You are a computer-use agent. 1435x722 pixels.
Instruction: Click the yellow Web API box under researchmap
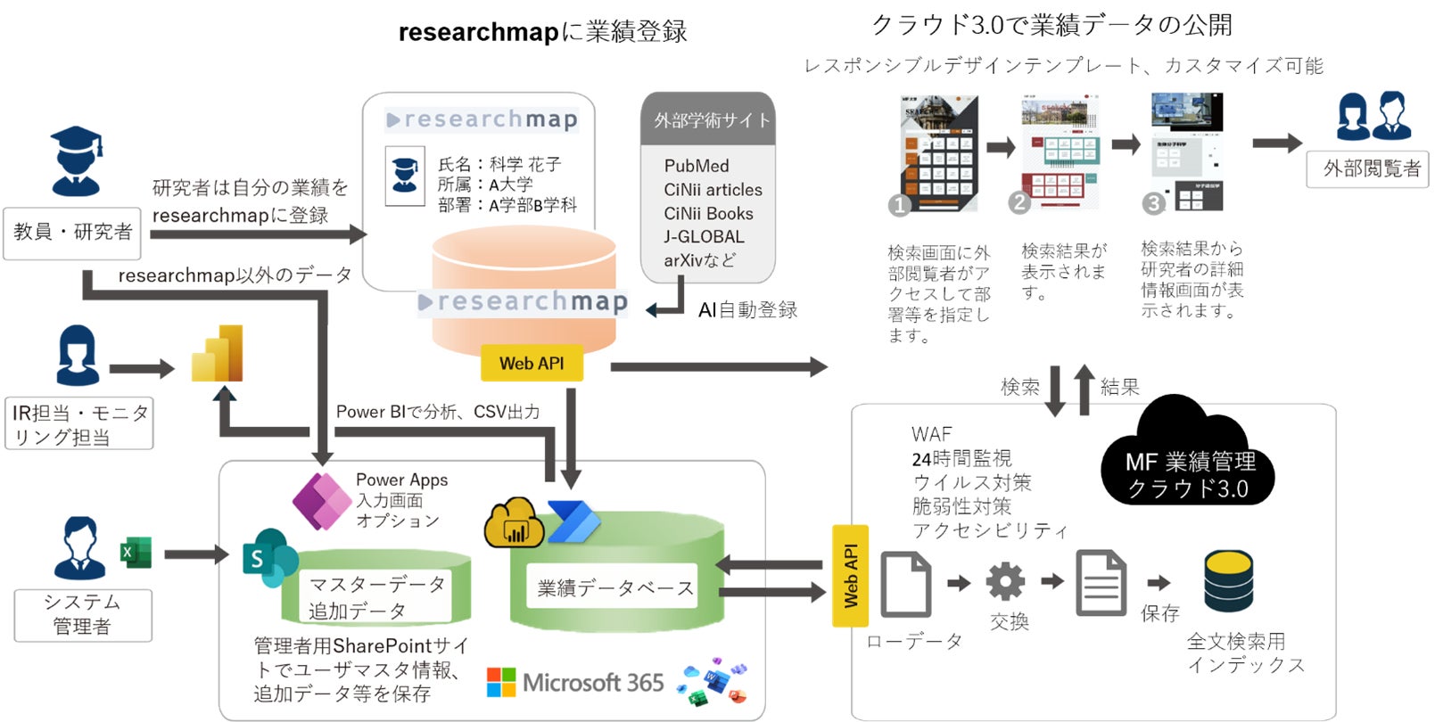[x=531, y=363]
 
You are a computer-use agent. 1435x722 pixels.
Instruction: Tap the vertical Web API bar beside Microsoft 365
[x=850, y=576]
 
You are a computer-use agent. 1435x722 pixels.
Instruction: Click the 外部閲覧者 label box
[x=1367, y=168]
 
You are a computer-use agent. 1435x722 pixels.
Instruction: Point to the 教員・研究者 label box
[x=72, y=233]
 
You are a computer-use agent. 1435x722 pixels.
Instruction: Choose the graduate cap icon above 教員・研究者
[x=76, y=160]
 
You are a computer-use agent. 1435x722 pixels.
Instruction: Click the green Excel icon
[x=136, y=553]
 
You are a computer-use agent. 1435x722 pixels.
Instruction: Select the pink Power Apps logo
[x=321, y=501]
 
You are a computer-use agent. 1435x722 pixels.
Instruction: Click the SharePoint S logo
[x=268, y=557]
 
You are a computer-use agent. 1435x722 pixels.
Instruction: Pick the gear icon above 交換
[x=1005, y=581]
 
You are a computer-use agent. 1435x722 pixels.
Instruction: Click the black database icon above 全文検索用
[x=1228, y=581]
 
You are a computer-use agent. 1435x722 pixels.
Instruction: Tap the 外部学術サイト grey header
[x=708, y=119]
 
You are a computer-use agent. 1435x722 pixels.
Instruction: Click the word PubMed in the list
[x=697, y=166]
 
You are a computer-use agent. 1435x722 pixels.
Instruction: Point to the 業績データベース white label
[x=614, y=588]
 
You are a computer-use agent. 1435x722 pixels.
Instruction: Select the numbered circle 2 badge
[x=1019, y=202]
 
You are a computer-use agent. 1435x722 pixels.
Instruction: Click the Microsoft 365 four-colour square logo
[x=501, y=683]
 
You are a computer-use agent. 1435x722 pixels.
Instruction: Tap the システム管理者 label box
[x=82, y=614]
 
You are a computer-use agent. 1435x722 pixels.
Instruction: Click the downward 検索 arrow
[x=1055, y=390]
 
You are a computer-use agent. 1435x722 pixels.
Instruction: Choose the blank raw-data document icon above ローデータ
[x=906, y=584]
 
